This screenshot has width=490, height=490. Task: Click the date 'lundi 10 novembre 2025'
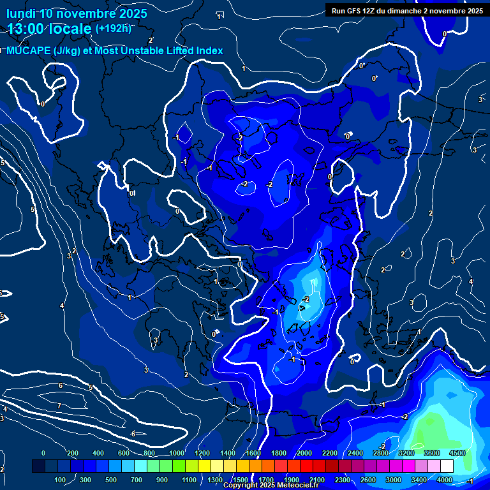[77, 13]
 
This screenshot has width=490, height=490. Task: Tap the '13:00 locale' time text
[50, 29]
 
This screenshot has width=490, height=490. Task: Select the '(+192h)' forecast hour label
[113, 28]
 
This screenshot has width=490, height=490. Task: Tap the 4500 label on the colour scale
[457, 453]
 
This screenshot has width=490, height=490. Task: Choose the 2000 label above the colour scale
[304, 453]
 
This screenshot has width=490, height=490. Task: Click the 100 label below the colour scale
[61, 480]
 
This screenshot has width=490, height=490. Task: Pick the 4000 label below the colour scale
[444, 480]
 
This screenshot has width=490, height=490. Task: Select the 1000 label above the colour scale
[177, 453]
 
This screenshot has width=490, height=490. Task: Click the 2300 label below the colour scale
[343, 480]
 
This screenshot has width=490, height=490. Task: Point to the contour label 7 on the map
[59, 406]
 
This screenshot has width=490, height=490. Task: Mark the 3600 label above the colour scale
[432, 453]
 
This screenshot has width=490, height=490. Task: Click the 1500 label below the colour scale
[241, 480]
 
